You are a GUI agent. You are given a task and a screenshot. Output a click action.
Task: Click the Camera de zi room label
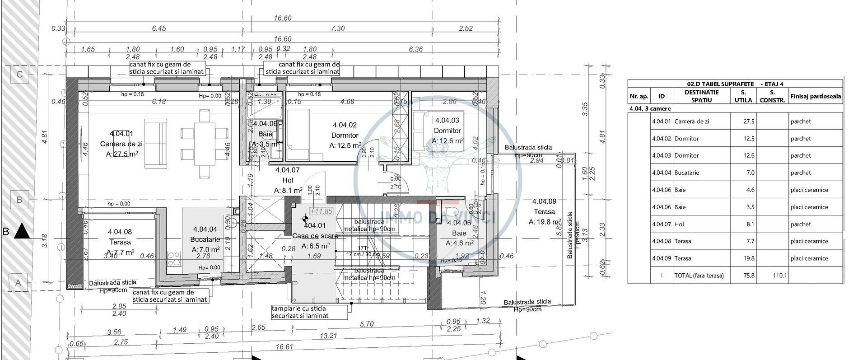[x=121, y=144]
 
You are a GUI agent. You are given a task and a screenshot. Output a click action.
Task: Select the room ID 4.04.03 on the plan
[x=447, y=121]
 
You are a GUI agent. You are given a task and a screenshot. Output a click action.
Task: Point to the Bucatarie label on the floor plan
[x=205, y=239]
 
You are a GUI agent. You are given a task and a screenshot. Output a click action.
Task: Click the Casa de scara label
[x=315, y=236]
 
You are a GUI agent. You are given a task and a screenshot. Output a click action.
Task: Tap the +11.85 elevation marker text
[x=321, y=211]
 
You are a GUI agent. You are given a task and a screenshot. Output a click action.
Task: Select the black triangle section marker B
[x=21, y=232]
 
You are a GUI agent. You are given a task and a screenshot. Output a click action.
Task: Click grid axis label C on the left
[x=19, y=75]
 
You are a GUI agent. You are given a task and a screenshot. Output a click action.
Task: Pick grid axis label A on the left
[x=19, y=283]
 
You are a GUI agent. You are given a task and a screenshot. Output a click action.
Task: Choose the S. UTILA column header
[x=743, y=96]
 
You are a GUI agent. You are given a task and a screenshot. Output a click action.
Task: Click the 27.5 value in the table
[x=749, y=122]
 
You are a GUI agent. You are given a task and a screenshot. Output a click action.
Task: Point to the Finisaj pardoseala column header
[x=816, y=96]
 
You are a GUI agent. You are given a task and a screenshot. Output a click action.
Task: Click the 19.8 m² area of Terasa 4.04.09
[x=546, y=222]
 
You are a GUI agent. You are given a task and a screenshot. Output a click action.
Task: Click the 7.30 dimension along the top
[x=337, y=28]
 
